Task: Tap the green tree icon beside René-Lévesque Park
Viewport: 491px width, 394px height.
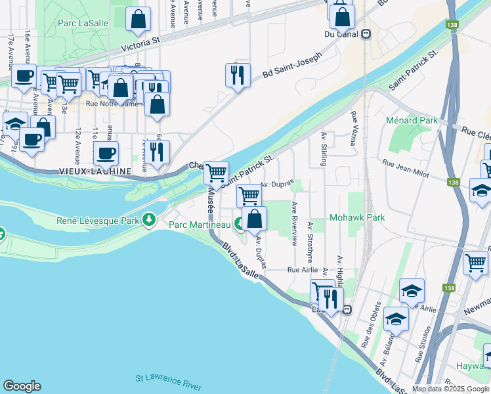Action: tap(151, 219)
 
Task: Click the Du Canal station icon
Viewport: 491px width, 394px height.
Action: tap(366, 34)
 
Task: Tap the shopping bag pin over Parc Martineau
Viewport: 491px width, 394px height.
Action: tap(254, 219)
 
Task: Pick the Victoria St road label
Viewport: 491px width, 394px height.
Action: tap(142, 44)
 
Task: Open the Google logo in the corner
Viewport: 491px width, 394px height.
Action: tap(22, 386)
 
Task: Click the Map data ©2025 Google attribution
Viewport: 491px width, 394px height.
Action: tap(451, 389)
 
